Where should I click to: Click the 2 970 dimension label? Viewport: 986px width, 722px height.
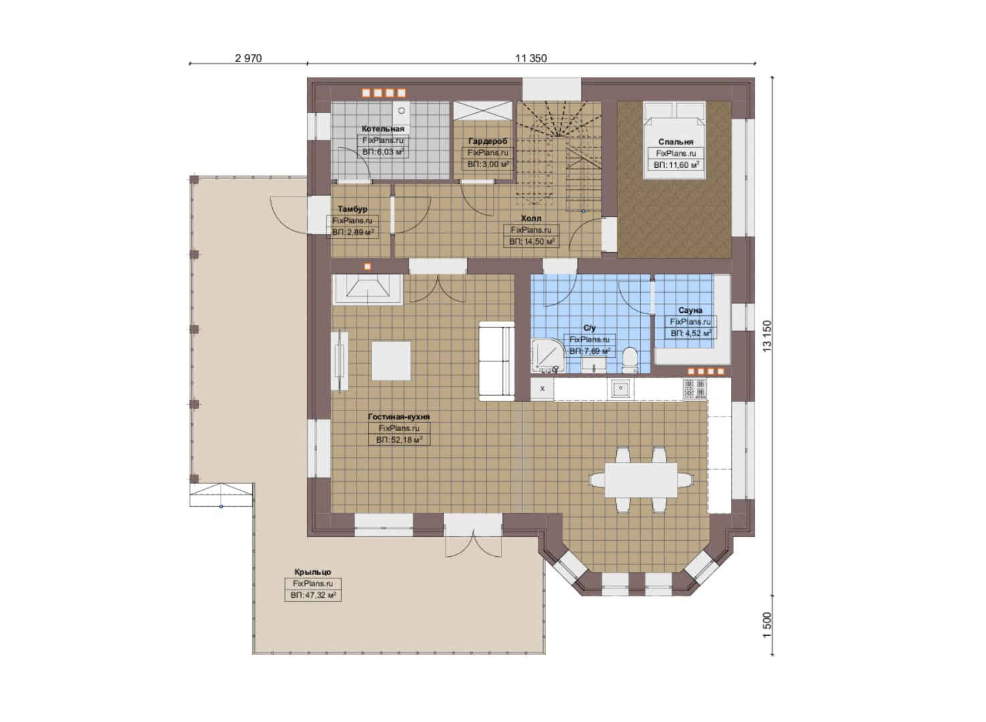248,58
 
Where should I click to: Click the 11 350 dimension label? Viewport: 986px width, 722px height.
531,58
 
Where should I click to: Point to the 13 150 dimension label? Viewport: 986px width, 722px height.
767,336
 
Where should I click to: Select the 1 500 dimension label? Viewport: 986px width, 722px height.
767,625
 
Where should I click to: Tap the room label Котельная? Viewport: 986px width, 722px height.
383,129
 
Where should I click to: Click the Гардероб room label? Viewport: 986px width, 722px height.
487,141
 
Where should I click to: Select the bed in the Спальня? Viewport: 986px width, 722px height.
674,140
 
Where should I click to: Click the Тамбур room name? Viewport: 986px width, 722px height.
352,209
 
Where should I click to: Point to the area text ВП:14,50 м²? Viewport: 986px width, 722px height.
531,241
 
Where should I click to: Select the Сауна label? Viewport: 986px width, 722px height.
690,310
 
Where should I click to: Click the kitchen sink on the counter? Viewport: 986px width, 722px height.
621,388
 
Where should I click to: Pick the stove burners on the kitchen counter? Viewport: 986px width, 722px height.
695,389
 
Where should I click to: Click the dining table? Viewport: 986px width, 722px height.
641,479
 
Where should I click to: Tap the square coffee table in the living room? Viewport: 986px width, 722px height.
391,361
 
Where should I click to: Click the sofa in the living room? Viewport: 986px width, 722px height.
496,361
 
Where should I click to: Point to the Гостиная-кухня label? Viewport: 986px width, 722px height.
399,416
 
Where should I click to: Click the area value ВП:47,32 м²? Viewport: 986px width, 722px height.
313,596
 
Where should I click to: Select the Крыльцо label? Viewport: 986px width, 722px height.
312,572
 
